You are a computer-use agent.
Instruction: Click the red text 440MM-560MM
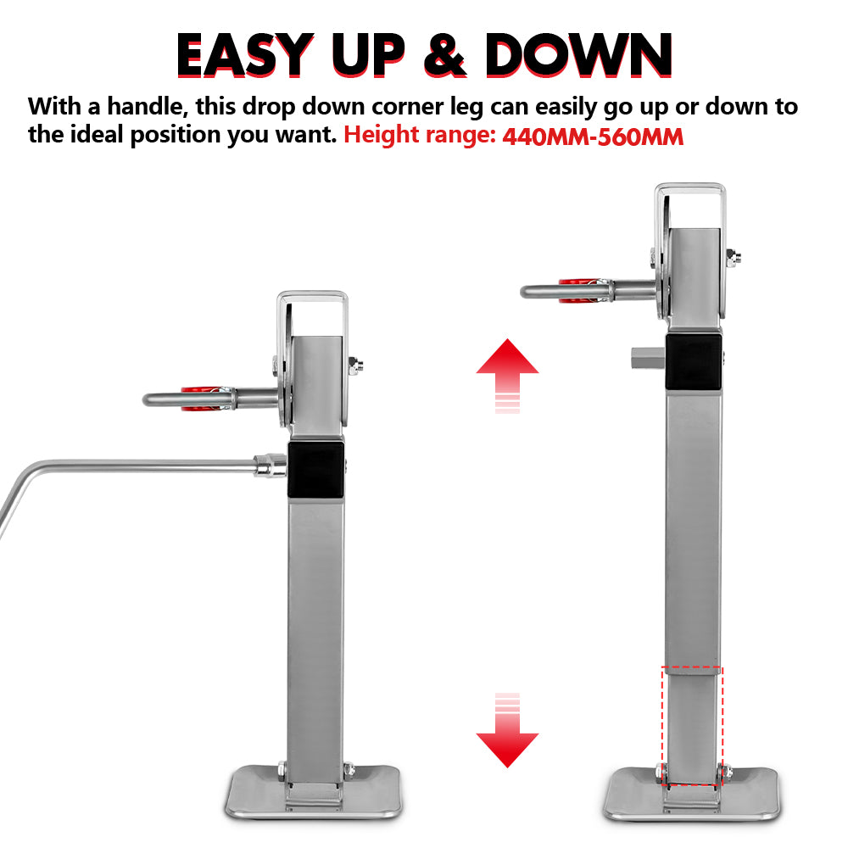point(593,137)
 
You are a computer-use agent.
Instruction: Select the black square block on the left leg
point(316,470)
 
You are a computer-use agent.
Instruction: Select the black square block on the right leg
point(694,361)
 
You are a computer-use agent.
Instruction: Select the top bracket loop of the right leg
point(689,193)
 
